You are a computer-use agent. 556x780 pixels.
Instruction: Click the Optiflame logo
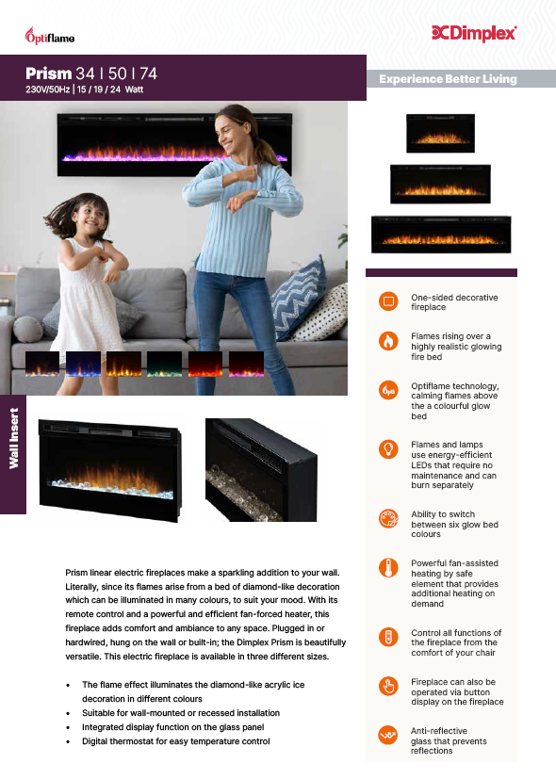50,36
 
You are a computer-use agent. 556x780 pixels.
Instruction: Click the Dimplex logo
474,33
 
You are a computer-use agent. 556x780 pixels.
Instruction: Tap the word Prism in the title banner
49,73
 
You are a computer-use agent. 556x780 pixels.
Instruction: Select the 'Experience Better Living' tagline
448,79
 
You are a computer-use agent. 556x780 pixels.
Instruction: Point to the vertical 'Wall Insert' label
13,438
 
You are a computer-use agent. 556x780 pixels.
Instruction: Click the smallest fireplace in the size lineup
440,133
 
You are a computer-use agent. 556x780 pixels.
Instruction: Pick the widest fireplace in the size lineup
441,235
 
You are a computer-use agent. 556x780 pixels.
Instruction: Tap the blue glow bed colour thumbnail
83,364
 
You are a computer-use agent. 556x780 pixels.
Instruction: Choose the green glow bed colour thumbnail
164,364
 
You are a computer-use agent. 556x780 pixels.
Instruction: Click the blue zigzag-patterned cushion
299,298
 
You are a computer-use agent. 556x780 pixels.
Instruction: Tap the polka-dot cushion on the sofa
323,314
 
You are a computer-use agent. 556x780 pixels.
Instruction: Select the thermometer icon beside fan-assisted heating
388,568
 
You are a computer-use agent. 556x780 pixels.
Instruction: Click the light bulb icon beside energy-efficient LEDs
388,448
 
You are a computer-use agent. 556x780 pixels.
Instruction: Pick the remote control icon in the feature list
388,637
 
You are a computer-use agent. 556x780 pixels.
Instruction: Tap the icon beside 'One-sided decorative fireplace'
388,301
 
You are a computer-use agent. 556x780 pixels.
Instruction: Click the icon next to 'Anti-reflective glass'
388,735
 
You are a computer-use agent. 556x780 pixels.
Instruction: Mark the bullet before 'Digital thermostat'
68,741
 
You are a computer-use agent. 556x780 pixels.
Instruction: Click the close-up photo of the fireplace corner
261,470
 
